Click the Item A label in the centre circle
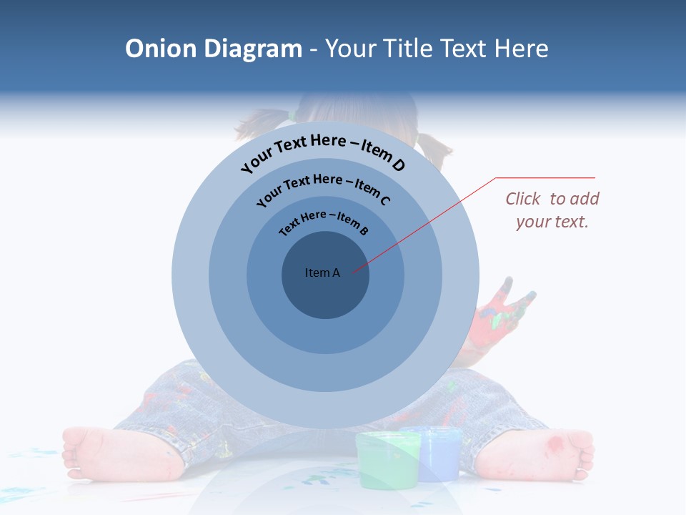pyautogui.click(x=322, y=273)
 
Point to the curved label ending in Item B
pyautogui.click(x=324, y=221)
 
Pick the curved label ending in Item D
pyautogui.click(x=323, y=152)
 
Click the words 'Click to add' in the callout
pyautogui.click(x=552, y=199)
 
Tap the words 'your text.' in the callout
pyautogui.click(x=552, y=222)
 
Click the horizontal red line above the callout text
pyautogui.click(x=545, y=177)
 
